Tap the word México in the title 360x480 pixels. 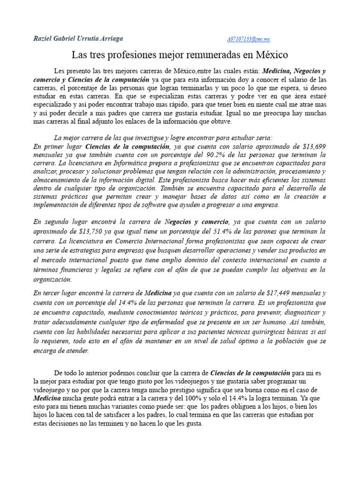(x=271, y=55)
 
